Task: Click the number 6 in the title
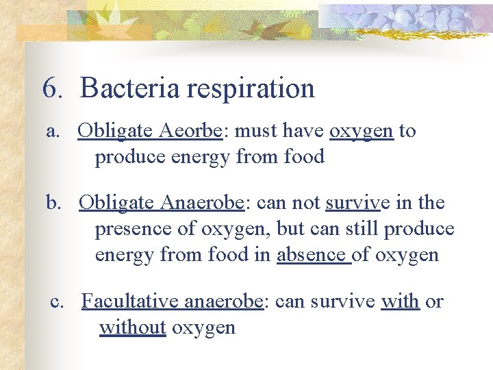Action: pyautogui.click(x=51, y=88)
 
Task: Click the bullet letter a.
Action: pyautogui.click(x=52, y=132)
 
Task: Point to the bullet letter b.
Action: pyautogui.click(x=53, y=203)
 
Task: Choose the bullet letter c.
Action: pyautogui.click(x=57, y=301)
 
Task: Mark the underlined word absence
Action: pyautogui.click(x=311, y=255)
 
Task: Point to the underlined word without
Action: pyautogui.click(x=133, y=328)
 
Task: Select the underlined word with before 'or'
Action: pyautogui.click(x=400, y=301)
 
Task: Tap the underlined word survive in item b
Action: pyautogui.click(x=353, y=203)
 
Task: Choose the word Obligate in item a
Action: pyautogui.click(x=114, y=132)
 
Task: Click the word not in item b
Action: pyautogui.click(x=307, y=203)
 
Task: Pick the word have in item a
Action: pyautogui.click(x=301, y=131)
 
